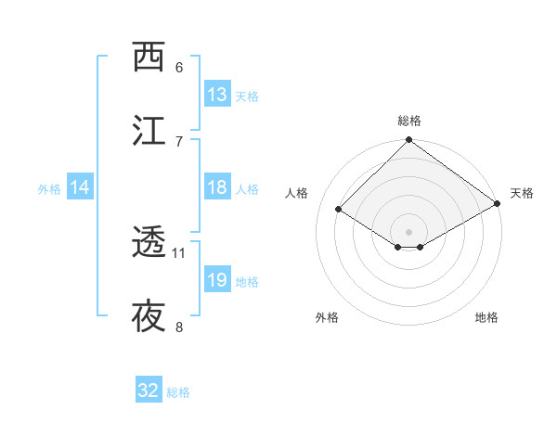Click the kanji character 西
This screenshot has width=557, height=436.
(x=149, y=57)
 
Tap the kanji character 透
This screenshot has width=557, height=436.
(x=149, y=242)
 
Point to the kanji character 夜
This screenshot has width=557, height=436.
(x=149, y=316)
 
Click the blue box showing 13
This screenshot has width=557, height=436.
(x=217, y=94)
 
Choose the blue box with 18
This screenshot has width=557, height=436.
(x=217, y=187)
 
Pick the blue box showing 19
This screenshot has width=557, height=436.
(x=217, y=280)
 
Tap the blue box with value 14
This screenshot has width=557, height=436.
(x=80, y=187)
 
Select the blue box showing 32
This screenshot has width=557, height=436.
(x=149, y=391)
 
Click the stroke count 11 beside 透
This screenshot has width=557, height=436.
(x=179, y=252)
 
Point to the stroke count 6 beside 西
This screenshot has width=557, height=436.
(x=179, y=67)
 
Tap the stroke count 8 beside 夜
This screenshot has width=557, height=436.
(x=179, y=327)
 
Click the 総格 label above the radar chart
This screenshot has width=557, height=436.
(x=409, y=121)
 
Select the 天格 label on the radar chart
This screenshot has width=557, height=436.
(x=522, y=193)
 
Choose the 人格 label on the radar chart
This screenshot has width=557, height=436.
(x=297, y=193)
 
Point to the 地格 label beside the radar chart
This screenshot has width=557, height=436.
(x=486, y=317)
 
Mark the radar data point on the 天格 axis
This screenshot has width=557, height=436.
(x=499, y=203)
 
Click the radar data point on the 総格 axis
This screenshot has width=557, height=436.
(x=409, y=141)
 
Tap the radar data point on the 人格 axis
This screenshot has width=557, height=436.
(x=339, y=210)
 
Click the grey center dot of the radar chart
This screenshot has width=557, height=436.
(x=409, y=231)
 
